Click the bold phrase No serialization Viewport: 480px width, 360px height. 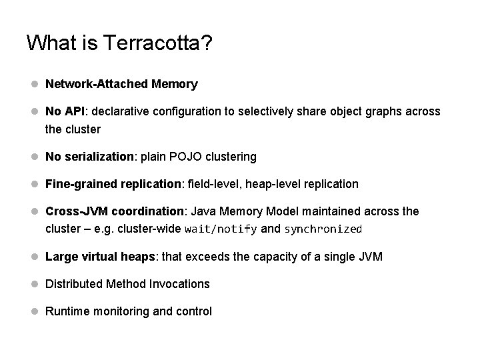[89, 157]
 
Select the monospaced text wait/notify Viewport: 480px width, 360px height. [220, 229]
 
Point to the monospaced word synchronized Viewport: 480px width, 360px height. [323, 229]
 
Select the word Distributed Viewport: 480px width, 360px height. [73, 284]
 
